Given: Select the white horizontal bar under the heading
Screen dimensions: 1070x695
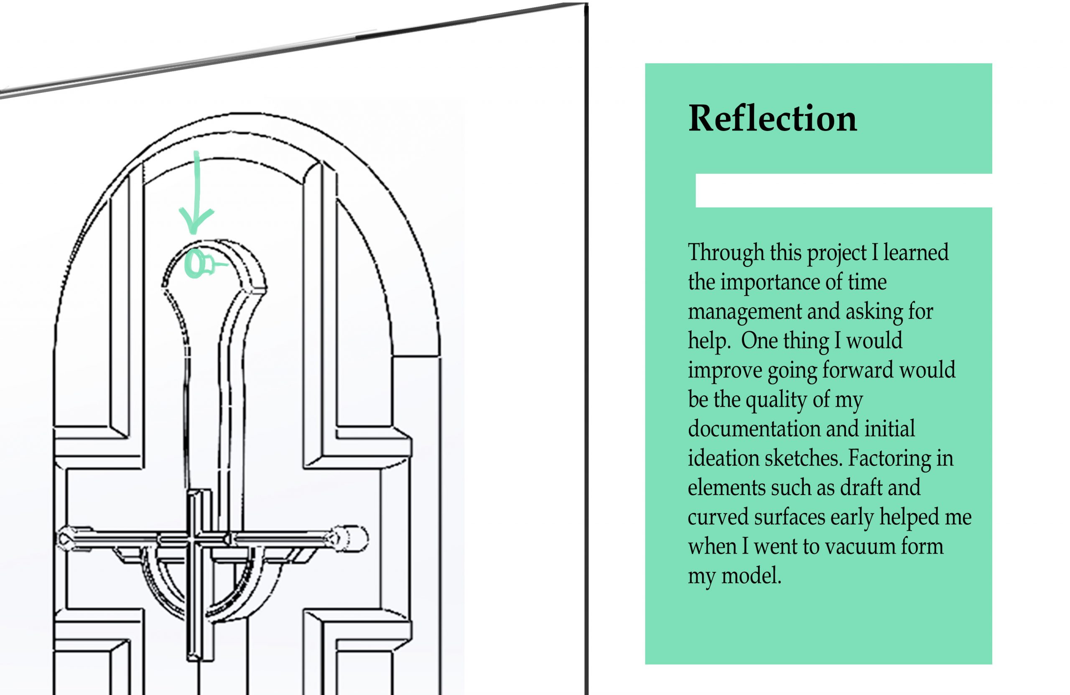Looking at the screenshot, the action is pyautogui.click(x=844, y=190).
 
